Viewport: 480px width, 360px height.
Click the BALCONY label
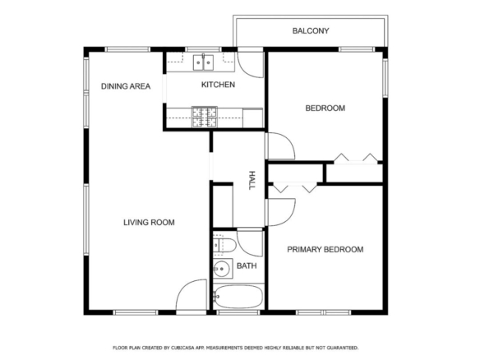311,31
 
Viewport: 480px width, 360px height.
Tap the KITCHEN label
218,85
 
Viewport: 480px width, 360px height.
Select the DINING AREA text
126,86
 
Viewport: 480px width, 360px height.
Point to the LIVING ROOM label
149,223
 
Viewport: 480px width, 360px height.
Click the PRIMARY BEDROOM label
325,250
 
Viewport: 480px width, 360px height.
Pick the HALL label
252,181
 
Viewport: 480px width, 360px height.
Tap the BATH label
247,265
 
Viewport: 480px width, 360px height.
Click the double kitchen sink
203,62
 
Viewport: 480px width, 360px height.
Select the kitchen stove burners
204,117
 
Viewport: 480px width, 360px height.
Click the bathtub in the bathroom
238,297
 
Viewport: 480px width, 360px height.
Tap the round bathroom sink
222,269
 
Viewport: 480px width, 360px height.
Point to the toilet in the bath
224,245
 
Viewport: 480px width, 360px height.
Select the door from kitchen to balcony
251,65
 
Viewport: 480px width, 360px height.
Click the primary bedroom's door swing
281,212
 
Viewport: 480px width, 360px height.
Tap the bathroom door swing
250,243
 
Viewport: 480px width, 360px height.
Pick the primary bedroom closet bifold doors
295,187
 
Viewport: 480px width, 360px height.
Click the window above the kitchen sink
203,49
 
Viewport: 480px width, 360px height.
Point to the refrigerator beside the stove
253,118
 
